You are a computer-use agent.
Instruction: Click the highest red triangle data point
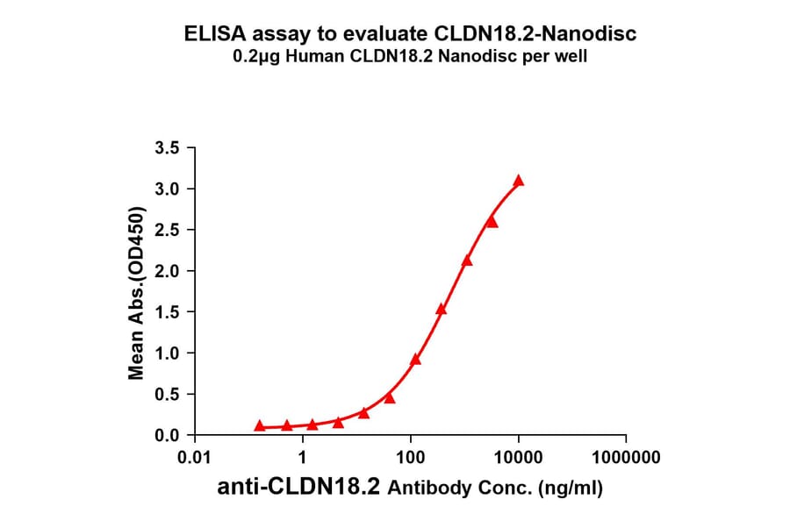click(x=519, y=181)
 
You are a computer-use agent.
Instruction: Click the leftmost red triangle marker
click(x=260, y=425)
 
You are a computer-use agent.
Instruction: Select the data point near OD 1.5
click(x=441, y=309)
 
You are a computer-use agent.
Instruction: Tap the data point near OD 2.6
click(x=492, y=222)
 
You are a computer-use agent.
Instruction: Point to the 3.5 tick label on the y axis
click(x=169, y=148)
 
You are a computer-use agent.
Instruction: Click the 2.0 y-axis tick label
click(x=169, y=271)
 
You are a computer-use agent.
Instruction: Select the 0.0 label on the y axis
click(x=169, y=436)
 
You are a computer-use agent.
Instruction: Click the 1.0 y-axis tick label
click(x=169, y=353)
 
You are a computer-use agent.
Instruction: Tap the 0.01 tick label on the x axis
click(x=194, y=457)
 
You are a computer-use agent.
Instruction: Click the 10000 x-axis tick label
click(x=518, y=457)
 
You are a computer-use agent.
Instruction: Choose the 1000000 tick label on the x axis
click(x=626, y=457)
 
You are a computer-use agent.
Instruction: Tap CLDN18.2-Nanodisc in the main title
click(x=536, y=34)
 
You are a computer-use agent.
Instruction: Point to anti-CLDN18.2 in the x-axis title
click(x=299, y=489)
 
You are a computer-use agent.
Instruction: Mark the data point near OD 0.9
click(x=415, y=359)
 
